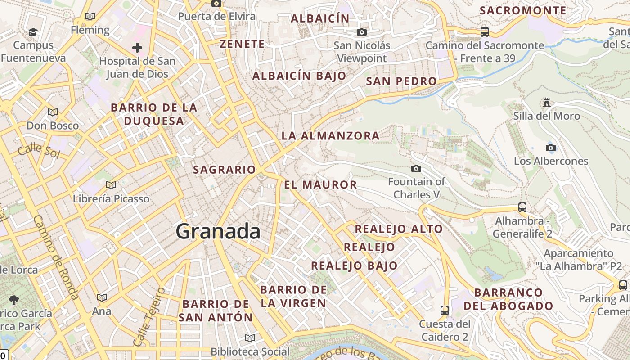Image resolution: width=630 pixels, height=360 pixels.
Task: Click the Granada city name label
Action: pyautogui.click(x=218, y=231)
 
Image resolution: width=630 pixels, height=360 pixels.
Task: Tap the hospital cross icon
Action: pyautogui.click(x=137, y=48)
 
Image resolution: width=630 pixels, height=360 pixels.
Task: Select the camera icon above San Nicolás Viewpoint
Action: pyautogui.click(x=361, y=32)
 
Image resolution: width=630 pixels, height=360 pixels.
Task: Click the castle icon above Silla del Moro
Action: pyautogui.click(x=547, y=103)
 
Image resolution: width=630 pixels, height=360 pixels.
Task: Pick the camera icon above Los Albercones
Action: pyautogui.click(x=551, y=148)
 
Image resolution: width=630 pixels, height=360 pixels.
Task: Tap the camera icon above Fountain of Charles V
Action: pyautogui.click(x=416, y=169)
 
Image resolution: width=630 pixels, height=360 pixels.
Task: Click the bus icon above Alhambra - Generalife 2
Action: pyautogui.click(x=522, y=207)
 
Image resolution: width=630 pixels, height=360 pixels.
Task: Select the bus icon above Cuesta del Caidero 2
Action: pyautogui.click(x=445, y=310)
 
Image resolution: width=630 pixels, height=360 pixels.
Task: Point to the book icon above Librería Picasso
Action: pyautogui.click(x=111, y=185)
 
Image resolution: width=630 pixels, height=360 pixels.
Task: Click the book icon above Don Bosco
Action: pyautogui.click(x=53, y=112)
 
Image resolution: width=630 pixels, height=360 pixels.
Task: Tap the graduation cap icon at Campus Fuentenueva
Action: pyautogui.click(x=33, y=32)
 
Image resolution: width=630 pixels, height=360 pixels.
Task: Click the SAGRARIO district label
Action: pyautogui.click(x=224, y=170)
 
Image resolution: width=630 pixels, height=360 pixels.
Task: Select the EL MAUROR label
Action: pyautogui.click(x=320, y=184)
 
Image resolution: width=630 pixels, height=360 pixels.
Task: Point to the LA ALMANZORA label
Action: pyautogui.click(x=330, y=135)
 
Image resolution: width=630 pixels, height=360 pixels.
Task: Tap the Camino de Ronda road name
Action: pyautogui.click(x=56, y=257)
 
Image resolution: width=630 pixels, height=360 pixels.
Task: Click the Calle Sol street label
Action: pyautogui.click(x=39, y=150)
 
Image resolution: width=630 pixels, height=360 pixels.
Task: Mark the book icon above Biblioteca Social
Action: pyautogui.click(x=250, y=338)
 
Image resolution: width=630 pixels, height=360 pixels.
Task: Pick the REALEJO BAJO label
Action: pyautogui.click(x=354, y=265)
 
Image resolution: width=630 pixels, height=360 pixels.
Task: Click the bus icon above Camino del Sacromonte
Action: pyautogui.click(x=485, y=32)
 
